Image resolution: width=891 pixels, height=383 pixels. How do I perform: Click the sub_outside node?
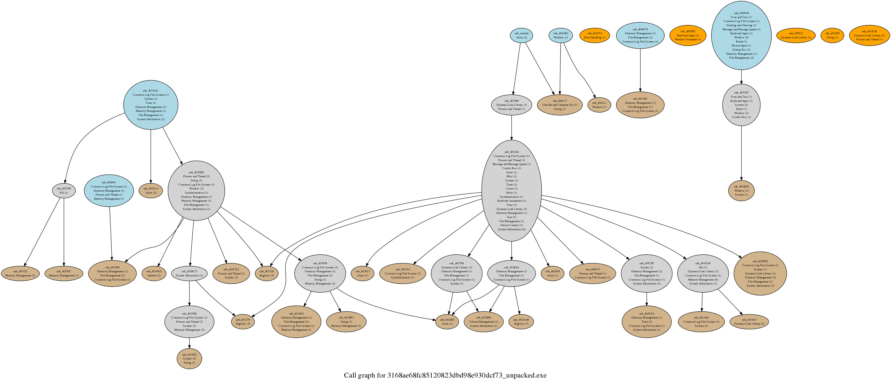coord(522,35)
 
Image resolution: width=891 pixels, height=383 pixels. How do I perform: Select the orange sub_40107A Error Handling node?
coord(595,35)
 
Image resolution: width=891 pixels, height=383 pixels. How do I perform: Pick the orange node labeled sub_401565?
coord(832,35)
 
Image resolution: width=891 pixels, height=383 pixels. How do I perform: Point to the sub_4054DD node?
coord(741,191)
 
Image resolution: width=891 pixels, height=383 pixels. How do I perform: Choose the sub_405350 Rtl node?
coord(64,191)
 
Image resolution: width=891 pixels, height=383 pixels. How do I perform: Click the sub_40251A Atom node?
coord(151,191)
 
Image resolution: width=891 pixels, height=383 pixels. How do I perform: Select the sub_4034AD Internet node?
coord(154,273)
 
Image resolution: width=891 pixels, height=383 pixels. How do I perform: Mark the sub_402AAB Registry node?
coord(521,322)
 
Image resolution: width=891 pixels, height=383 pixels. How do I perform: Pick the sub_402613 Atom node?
coord(363,273)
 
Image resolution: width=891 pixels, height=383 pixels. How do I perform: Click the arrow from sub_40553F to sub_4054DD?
coord(741,152)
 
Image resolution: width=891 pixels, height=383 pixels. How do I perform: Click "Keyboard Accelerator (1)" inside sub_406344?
coord(512,201)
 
